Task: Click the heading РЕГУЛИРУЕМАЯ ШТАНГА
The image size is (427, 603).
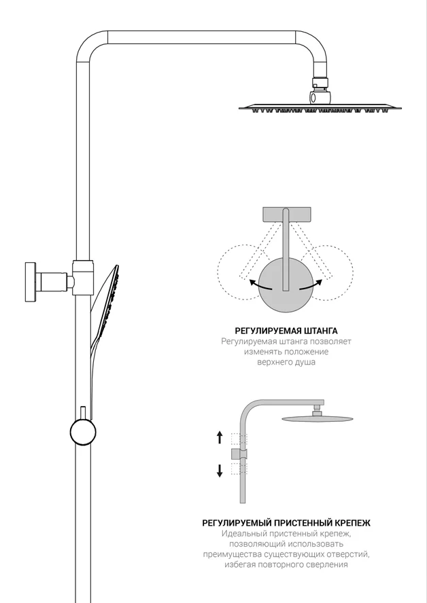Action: point(286,331)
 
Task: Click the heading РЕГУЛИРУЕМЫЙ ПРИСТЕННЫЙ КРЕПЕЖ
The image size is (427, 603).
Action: point(286,523)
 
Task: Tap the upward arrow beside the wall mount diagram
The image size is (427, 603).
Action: point(220,437)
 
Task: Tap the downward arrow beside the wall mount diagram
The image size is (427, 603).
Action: point(220,471)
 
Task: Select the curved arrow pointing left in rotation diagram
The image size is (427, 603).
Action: point(260,285)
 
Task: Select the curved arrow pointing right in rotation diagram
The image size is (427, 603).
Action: point(311,285)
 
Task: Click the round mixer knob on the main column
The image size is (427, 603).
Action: point(83,432)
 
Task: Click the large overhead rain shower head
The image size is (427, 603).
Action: point(320,108)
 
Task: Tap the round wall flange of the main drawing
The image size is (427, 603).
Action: point(31,282)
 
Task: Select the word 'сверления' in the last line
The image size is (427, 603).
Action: point(328,565)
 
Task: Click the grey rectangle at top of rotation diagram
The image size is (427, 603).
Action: point(286,215)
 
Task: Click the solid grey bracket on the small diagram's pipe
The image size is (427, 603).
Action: point(239,454)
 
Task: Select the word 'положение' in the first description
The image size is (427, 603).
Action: point(306,352)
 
